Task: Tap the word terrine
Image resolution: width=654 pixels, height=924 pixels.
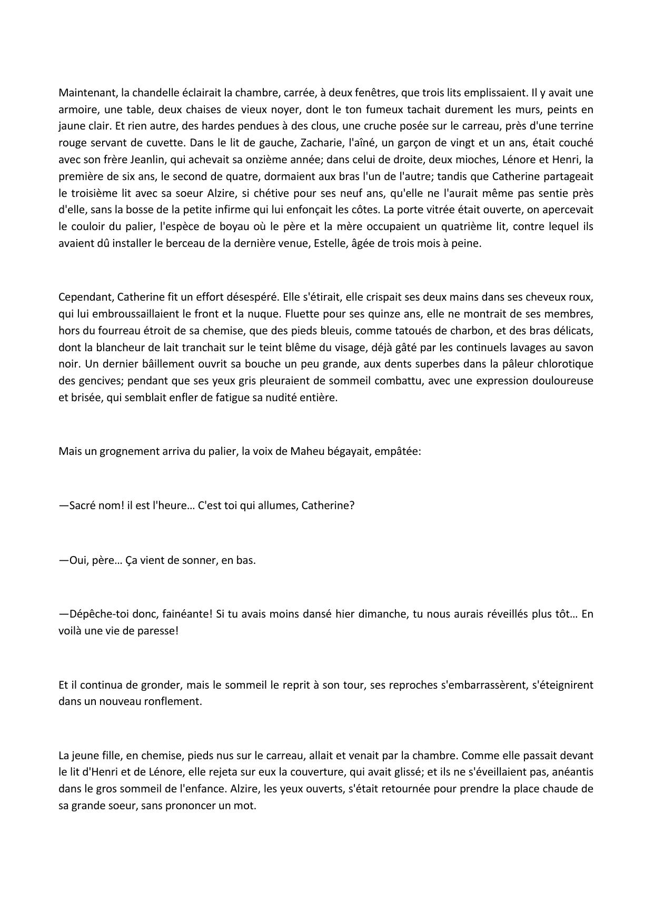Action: pos(576,126)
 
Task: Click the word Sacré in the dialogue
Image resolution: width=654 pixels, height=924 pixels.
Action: pos(81,505)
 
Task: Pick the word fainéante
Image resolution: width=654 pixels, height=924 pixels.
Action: pos(184,614)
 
